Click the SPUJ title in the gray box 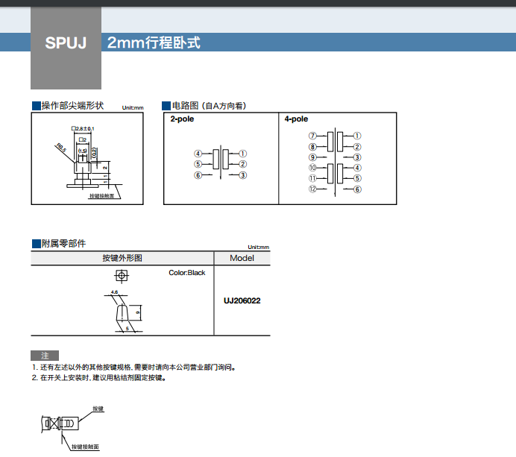(66, 42)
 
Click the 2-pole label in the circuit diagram (182, 119)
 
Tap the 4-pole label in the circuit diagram (296, 119)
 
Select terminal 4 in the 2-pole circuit (198, 154)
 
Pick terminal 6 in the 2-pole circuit (198, 175)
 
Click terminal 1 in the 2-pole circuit (243, 154)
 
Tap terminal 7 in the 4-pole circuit (313, 136)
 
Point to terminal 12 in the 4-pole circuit (313, 189)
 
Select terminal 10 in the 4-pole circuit (313, 168)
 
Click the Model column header (242, 258)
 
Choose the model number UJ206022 (242, 301)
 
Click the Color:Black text (187, 273)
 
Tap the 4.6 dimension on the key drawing (114, 291)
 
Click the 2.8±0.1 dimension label (84, 129)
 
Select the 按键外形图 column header (122, 258)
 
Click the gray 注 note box (45, 355)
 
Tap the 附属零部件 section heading (63, 243)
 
